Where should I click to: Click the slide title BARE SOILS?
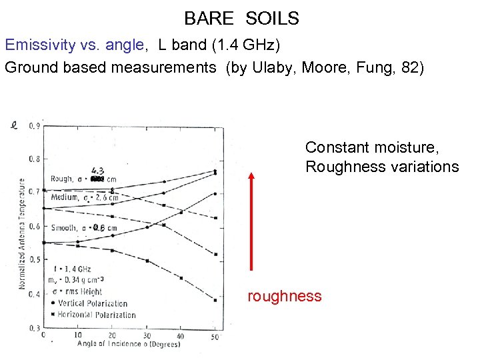241,19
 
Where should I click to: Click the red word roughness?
285,297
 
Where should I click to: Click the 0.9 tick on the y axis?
34,125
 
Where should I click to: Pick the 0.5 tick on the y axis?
34,260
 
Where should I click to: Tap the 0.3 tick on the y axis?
34,328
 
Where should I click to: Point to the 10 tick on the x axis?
78,335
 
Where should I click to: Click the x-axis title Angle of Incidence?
118,344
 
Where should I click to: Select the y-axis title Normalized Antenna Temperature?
21,234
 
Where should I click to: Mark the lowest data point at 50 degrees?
215,300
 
